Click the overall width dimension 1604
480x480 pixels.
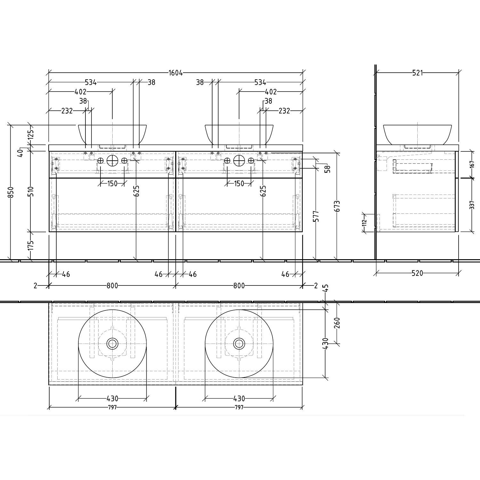(176, 73)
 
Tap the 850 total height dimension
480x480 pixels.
(11, 192)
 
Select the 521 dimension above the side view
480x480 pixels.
(417, 73)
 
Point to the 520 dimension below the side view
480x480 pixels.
(417, 273)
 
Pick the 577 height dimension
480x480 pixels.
(316, 216)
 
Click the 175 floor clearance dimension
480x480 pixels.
(31, 245)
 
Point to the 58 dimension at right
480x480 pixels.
(327, 169)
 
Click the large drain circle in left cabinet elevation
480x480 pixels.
(112, 161)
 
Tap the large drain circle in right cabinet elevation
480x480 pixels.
(239, 161)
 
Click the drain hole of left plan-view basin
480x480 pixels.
(112, 344)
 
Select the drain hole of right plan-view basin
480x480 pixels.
(239, 344)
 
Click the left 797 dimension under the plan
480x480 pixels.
(112, 407)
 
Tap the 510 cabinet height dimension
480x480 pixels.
(31, 192)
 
